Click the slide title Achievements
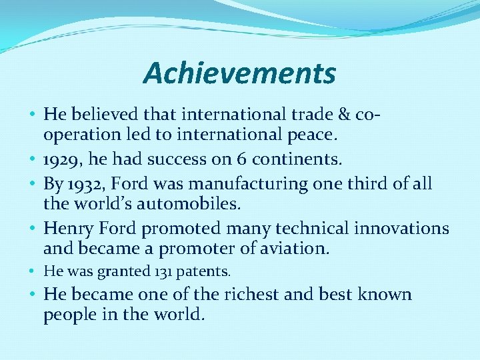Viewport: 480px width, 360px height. point(239,73)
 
